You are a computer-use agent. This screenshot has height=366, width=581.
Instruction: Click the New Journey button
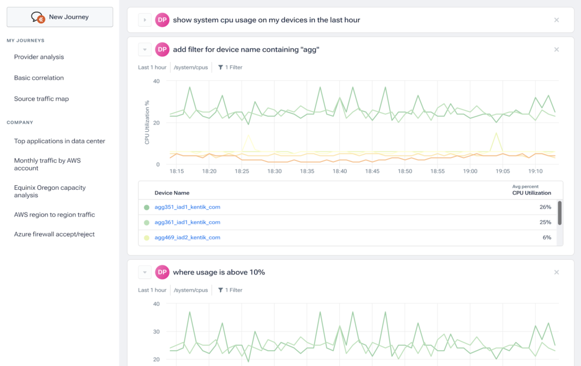click(60, 17)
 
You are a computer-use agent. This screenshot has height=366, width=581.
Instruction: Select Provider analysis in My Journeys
click(39, 57)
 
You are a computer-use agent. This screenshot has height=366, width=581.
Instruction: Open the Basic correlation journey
click(39, 78)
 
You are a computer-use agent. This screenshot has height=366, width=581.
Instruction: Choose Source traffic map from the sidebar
click(41, 99)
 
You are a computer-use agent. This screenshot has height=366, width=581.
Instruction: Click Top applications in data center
click(60, 141)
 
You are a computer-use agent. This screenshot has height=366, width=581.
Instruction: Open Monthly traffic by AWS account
click(48, 164)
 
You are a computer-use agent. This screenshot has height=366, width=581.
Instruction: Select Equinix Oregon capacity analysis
click(50, 191)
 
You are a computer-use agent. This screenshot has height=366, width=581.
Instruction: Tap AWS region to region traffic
click(54, 215)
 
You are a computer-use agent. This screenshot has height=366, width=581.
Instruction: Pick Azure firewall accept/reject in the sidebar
click(54, 234)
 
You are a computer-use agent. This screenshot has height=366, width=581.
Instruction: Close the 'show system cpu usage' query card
click(557, 20)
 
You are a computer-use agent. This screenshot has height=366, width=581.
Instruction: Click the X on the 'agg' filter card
click(557, 49)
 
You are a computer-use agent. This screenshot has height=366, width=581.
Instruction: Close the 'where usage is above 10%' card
click(557, 272)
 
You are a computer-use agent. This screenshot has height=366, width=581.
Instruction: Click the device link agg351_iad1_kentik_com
click(187, 207)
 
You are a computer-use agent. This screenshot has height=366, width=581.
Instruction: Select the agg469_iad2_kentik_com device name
click(187, 238)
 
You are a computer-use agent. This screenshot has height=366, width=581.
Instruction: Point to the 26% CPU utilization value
click(545, 207)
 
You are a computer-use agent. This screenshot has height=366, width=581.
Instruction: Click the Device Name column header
click(172, 193)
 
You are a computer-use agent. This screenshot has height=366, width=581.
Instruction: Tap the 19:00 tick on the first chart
click(470, 171)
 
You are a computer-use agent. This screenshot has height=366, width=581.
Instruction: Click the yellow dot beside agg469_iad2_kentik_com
click(147, 238)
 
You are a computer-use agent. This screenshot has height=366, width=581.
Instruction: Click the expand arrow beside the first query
click(145, 20)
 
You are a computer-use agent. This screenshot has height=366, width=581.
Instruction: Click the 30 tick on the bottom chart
click(157, 331)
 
